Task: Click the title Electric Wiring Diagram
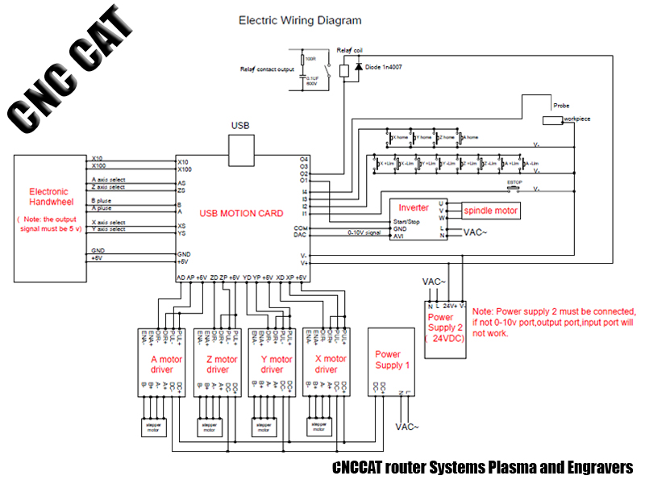point(300,20)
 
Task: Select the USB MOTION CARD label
point(242,213)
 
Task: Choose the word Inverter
point(414,208)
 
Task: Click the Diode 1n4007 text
point(384,66)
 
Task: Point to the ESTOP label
point(514,183)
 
